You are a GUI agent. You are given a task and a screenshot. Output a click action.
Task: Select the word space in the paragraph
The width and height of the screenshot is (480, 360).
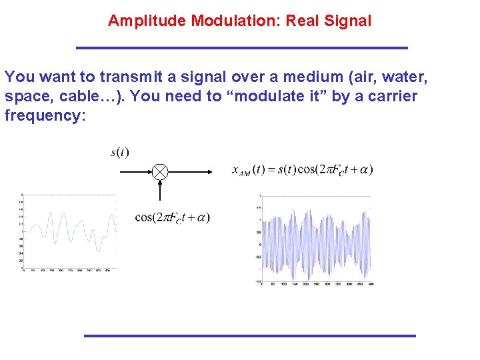27,96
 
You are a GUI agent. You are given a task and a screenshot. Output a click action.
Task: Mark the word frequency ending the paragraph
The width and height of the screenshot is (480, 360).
45,115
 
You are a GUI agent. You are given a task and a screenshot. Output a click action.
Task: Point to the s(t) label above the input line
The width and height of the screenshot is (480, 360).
120,153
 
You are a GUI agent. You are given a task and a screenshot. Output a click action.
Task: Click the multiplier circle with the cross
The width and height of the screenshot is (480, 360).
160,172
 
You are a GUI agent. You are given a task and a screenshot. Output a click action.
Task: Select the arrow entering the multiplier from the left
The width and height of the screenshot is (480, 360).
137,172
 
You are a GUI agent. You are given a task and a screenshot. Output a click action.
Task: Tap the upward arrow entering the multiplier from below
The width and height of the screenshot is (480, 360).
160,190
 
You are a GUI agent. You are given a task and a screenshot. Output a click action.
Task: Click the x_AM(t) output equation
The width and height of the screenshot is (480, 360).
302,169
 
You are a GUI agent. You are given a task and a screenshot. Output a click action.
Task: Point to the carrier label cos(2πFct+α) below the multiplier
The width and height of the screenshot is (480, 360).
172,217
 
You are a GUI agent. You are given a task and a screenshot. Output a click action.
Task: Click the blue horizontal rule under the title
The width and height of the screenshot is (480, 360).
242,48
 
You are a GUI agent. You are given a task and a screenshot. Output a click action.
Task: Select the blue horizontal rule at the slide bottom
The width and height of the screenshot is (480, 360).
249,335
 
